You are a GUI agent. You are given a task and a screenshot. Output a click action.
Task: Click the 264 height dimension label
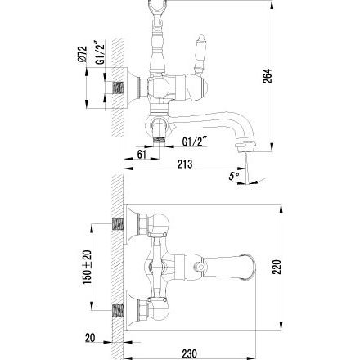pyautogui.click(x=268, y=76)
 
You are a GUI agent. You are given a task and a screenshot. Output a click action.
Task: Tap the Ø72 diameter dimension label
pyautogui.click(x=82, y=55)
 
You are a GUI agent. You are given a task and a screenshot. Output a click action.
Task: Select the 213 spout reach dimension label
pyautogui.click(x=185, y=164)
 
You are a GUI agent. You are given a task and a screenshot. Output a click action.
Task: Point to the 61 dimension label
pyautogui.click(x=142, y=155)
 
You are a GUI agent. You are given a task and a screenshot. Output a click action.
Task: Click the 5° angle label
pyautogui.click(x=233, y=176)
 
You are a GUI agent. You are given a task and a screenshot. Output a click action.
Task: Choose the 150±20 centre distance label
pyautogui.click(x=88, y=267)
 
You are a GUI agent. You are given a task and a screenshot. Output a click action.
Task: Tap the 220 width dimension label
pyautogui.click(x=277, y=267)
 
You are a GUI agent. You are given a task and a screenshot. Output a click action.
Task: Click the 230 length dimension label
pyautogui.click(x=189, y=353)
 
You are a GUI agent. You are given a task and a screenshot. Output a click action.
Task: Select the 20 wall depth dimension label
pyautogui.click(x=90, y=338)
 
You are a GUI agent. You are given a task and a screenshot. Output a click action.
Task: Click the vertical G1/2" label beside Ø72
pyautogui.click(x=101, y=52)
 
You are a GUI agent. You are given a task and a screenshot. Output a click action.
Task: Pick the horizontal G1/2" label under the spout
pyautogui.click(x=194, y=142)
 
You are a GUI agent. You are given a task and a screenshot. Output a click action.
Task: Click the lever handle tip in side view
pyautogui.click(x=201, y=38)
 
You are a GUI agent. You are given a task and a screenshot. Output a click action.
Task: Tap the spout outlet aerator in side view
pyautogui.click(x=245, y=146)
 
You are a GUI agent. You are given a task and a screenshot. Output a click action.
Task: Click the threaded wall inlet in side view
pyautogui.click(x=118, y=88)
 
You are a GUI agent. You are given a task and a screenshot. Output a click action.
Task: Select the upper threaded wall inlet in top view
pyautogui.click(x=118, y=224)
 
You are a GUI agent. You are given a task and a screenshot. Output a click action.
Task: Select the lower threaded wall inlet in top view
pyautogui.click(x=118, y=311)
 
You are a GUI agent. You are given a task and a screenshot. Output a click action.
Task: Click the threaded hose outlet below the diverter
pyautogui.click(x=160, y=141)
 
